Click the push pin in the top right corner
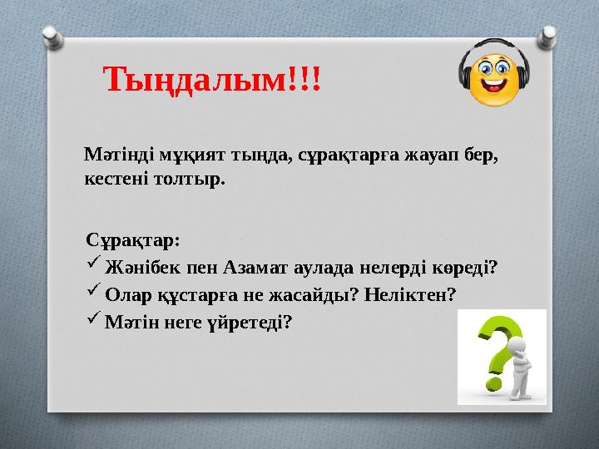pyautogui.click(x=548, y=32)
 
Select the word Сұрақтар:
pyautogui.click(x=132, y=240)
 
